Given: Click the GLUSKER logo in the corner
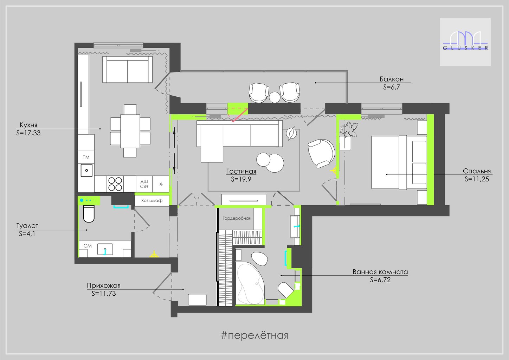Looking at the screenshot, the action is pyautogui.click(x=465, y=42).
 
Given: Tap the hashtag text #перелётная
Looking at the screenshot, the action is pyautogui.click(x=255, y=335).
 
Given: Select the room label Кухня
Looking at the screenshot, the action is pyautogui.click(x=28, y=125).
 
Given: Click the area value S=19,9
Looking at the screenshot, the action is pyautogui.click(x=241, y=179).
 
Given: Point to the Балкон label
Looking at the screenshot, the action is pyautogui.click(x=392, y=79).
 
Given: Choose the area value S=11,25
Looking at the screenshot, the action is pyautogui.click(x=477, y=179).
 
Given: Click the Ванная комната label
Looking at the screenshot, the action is pyautogui.click(x=380, y=272).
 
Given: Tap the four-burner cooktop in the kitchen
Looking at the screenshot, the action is pyautogui.click(x=115, y=184).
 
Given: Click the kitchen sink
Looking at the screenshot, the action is pyautogui.click(x=86, y=170).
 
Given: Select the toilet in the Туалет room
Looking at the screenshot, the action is pyautogui.click(x=89, y=214).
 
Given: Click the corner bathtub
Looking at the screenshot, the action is pyautogui.click(x=250, y=283).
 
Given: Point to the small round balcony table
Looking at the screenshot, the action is pyautogui.click(x=275, y=97).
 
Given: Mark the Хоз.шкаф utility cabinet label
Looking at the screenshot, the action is pyautogui.click(x=152, y=200).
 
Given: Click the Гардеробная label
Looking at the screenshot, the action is pyautogui.click(x=237, y=218).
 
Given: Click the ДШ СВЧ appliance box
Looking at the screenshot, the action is pyautogui.click(x=144, y=184).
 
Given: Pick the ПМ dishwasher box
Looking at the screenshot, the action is pyautogui.click(x=86, y=157).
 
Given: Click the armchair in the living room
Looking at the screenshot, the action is pyautogui.click(x=321, y=153).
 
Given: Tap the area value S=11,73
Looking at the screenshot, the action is pyautogui.click(x=104, y=294).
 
